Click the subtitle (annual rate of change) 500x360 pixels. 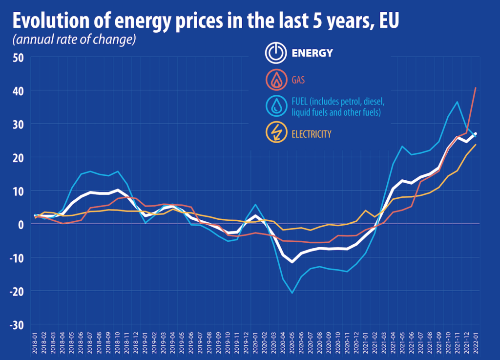tap(74, 41)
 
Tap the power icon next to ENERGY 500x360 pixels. tap(275, 53)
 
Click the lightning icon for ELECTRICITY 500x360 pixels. tap(276, 133)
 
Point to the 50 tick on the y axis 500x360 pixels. tap(18, 57)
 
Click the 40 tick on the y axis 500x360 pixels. tap(18, 91)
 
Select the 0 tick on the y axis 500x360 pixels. tap(21, 225)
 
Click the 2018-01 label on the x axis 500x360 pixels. tap(35, 341)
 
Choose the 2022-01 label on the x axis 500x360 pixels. tap(476, 341)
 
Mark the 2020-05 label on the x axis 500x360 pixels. tap(292, 341)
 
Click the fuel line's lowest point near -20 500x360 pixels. tap(292, 293)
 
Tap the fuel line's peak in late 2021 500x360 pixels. tap(457, 102)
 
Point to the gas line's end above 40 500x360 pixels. tap(476, 88)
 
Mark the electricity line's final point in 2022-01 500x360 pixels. tap(476, 145)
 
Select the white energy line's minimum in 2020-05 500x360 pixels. tap(292, 262)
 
